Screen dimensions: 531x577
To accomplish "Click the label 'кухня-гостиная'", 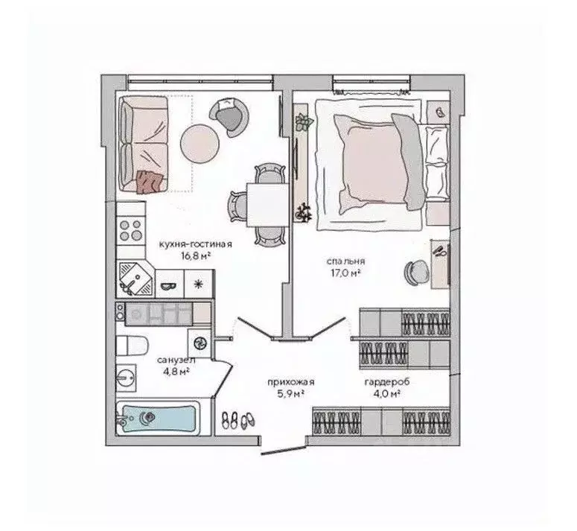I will coord(196,244).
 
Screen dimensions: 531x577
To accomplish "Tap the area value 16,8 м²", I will coord(196,255).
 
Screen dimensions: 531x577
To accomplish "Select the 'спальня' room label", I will coord(345,261).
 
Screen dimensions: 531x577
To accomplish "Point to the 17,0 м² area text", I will coord(345,273).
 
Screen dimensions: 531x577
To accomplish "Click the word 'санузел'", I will coord(176,358).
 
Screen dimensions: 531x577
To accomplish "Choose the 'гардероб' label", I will coord(386,382).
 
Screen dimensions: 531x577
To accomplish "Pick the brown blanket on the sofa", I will coord(149,181).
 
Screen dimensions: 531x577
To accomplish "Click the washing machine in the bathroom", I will coord(200,341).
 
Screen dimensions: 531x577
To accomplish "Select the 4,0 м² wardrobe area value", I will coord(386,394).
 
